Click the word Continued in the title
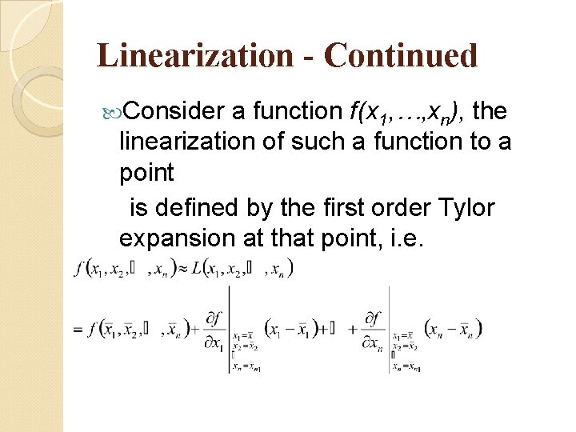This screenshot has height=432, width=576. click(x=402, y=56)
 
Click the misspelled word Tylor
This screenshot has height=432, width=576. click(x=466, y=207)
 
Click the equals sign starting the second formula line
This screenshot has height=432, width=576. click(x=78, y=330)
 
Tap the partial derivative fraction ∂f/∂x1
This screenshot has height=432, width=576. click(x=214, y=330)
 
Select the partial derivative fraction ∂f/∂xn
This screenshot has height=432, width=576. click(x=374, y=330)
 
